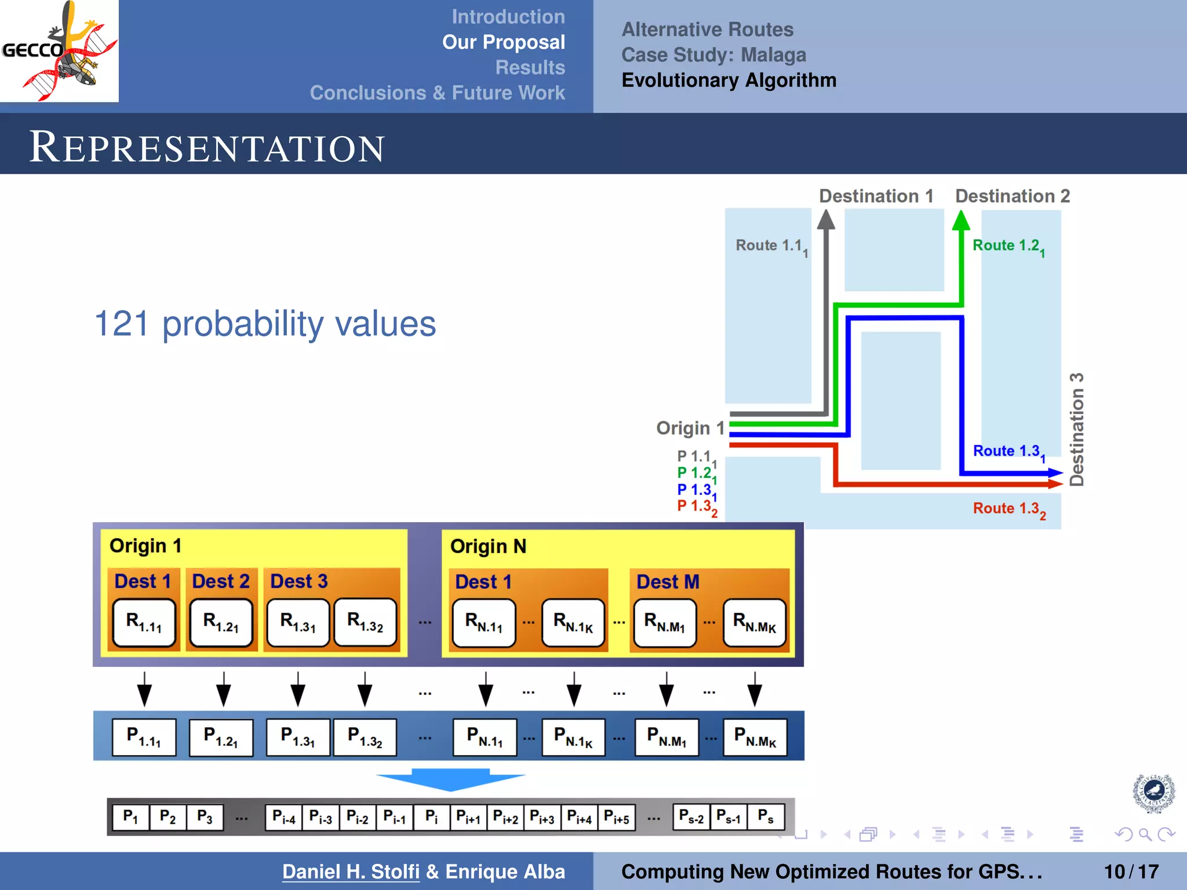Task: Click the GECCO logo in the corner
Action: pos(59,51)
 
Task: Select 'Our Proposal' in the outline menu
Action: pos(503,42)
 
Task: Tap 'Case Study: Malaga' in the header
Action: pos(713,55)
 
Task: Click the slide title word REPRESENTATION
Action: pos(206,147)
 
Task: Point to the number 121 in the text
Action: pos(121,323)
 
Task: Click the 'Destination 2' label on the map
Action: pos(1012,196)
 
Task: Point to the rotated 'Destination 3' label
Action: pos(1076,429)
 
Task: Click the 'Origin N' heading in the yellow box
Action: pos(488,546)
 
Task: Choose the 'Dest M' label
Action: pos(668,582)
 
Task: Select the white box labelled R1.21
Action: pos(221,622)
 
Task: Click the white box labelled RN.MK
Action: pos(754,623)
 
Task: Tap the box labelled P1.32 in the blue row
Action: pos(365,737)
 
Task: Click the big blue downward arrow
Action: pos(450,778)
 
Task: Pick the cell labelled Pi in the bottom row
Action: pos(431,817)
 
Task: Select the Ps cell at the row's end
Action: pos(766,816)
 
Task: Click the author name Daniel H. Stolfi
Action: pos(351,871)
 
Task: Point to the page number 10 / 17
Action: pos(1131,871)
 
